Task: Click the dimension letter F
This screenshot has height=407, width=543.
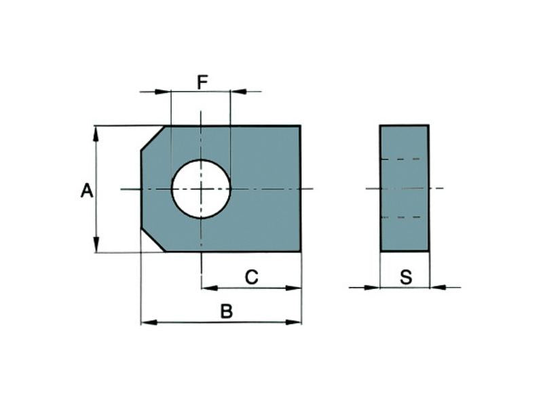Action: pyautogui.click(x=202, y=83)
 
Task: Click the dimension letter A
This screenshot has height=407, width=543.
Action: pyautogui.click(x=87, y=191)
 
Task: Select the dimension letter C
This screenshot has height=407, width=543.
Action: pyautogui.click(x=250, y=276)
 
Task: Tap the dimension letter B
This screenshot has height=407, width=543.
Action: pyautogui.click(x=227, y=311)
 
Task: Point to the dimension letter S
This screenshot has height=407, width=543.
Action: pyautogui.click(x=405, y=277)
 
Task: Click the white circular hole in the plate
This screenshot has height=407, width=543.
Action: pyautogui.click(x=201, y=189)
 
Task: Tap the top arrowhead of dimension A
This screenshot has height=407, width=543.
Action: pyautogui.click(x=96, y=133)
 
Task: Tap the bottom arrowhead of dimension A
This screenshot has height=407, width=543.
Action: pyautogui.click(x=96, y=245)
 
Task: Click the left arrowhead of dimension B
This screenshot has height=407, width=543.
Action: pyautogui.click(x=149, y=322)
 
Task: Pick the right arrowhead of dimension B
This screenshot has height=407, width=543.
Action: pyautogui.click(x=293, y=322)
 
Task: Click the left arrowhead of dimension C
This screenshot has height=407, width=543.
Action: pyautogui.click(x=210, y=288)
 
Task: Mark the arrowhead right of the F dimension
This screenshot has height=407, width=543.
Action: pyautogui.click(x=238, y=91)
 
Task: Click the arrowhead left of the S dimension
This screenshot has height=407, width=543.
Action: pyautogui.click(x=372, y=288)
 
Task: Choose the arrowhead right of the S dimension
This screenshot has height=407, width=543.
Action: pyautogui.click(x=438, y=288)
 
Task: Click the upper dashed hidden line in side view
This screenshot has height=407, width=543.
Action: pyautogui.click(x=404, y=159)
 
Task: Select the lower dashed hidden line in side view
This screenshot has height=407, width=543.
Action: pyautogui.click(x=404, y=218)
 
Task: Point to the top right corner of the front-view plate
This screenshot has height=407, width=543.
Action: pyautogui.click(x=301, y=126)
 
